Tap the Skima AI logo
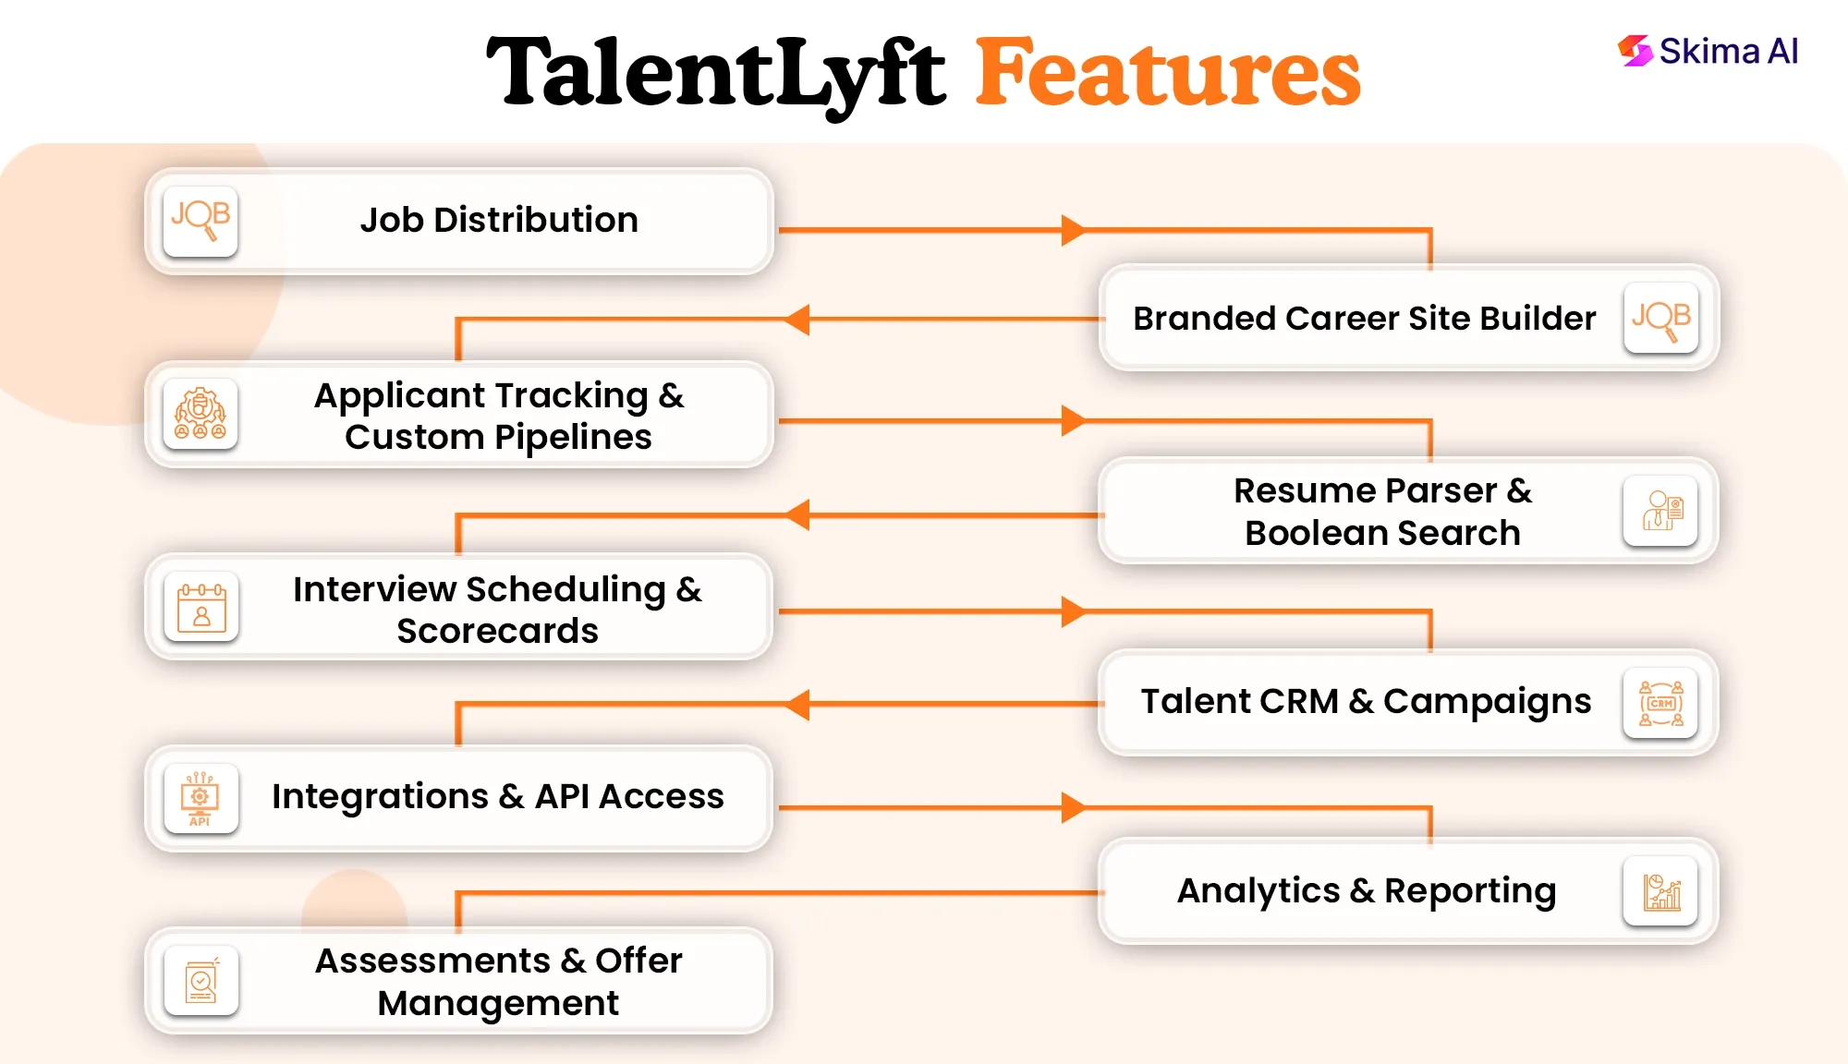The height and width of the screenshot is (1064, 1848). [x=1708, y=52]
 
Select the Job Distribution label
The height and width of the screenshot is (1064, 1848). [x=499, y=220]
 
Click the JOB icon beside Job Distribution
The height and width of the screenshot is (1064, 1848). [x=201, y=221]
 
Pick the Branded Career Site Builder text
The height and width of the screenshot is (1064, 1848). [x=1364, y=319]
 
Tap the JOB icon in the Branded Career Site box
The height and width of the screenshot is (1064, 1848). [x=1660, y=319]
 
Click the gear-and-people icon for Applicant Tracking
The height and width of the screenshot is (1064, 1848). [x=201, y=414]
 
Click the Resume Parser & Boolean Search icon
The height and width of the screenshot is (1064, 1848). [x=1660, y=510]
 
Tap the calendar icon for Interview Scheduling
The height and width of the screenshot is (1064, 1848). [x=201, y=607]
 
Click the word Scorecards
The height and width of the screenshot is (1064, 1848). [x=498, y=631]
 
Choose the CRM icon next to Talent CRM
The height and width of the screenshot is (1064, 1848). [x=1660, y=703]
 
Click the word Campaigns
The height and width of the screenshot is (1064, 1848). [x=1487, y=701]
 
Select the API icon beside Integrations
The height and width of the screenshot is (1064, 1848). [x=201, y=799]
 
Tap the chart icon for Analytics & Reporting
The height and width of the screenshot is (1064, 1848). [x=1660, y=891]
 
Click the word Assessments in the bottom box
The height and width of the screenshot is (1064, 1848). [x=432, y=961]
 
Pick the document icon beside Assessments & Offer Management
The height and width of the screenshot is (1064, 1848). [x=201, y=981]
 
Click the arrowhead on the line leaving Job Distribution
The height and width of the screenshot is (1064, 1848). [x=1072, y=230]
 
